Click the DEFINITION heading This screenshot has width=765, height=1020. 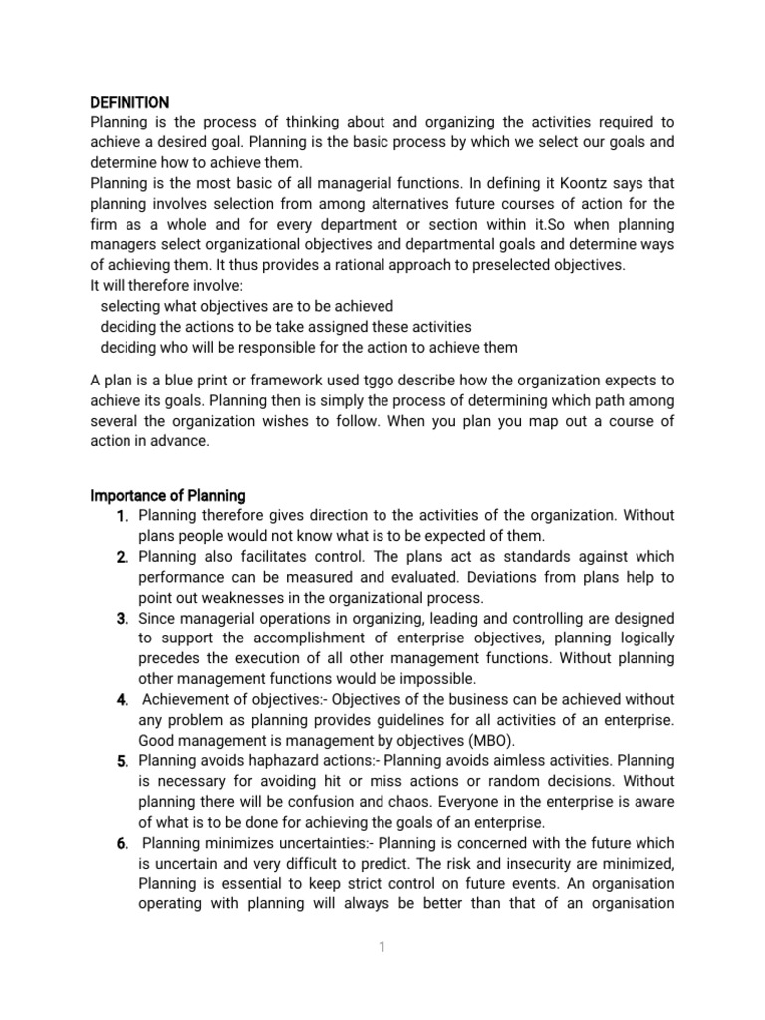(129, 102)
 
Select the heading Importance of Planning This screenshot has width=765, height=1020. (167, 495)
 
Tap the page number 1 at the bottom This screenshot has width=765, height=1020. (382, 947)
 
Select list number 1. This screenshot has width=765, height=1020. (125, 516)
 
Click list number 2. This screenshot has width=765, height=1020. (124, 557)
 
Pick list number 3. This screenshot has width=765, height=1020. (124, 619)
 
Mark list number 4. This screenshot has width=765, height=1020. (124, 700)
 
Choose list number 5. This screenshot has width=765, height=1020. (124, 762)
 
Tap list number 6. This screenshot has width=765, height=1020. (124, 844)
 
